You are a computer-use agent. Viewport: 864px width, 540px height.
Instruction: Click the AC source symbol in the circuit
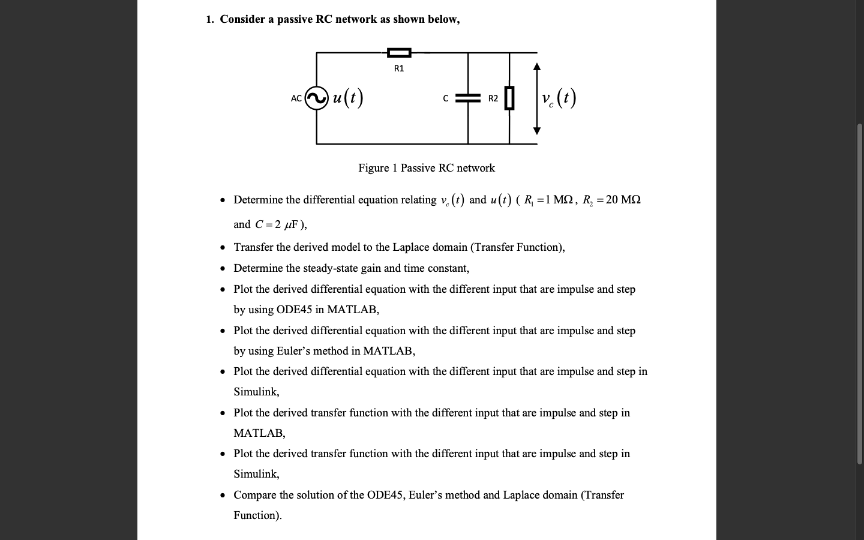point(317,98)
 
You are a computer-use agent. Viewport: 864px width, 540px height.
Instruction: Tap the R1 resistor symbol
point(399,53)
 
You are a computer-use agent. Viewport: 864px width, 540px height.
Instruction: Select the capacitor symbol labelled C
point(468,98)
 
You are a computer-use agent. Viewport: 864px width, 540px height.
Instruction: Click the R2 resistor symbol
point(509,98)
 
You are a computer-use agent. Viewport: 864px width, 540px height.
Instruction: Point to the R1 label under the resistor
point(399,68)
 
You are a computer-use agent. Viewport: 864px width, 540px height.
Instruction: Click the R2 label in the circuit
point(493,98)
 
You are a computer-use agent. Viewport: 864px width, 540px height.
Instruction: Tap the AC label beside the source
point(296,98)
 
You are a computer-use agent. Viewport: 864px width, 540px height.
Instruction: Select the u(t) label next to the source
point(347,97)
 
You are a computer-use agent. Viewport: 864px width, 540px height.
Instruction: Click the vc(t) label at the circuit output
point(558,98)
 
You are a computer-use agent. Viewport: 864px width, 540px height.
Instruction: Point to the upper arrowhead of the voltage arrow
point(537,66)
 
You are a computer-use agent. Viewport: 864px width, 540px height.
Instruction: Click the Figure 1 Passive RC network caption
point(427,168)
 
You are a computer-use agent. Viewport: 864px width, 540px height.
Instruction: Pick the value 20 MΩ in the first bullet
point(623,200)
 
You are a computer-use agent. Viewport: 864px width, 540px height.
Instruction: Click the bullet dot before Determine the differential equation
point(223,200)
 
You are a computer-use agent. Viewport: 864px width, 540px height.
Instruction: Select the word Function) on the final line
point(257,515)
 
